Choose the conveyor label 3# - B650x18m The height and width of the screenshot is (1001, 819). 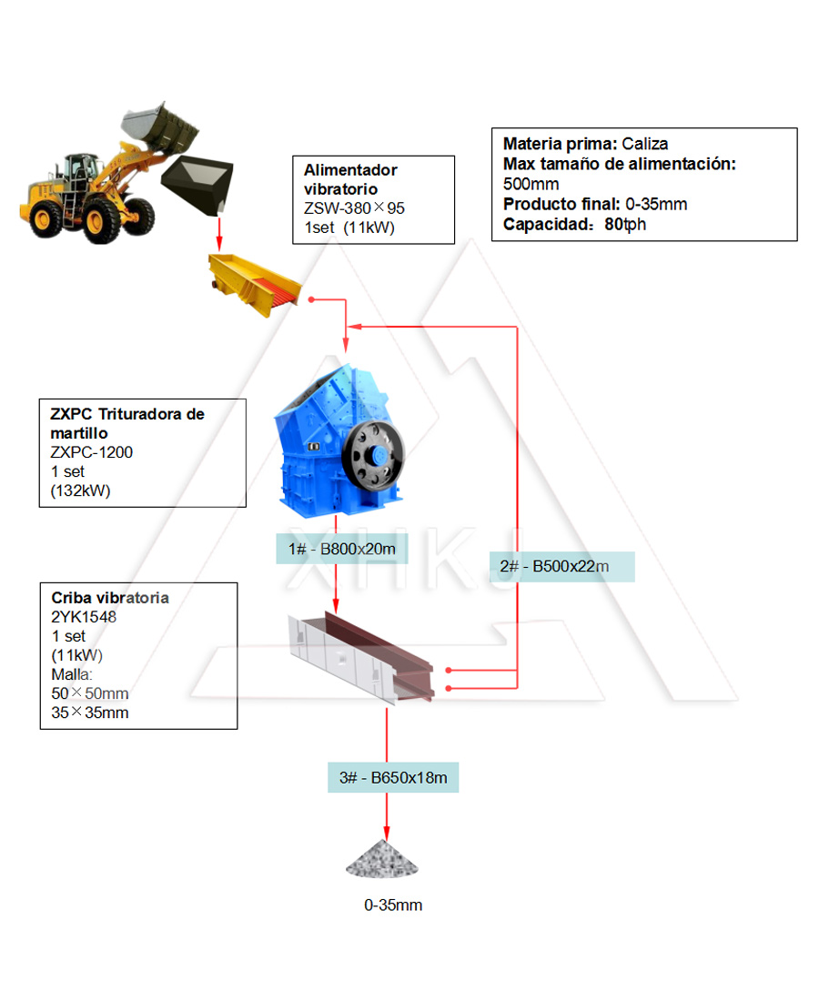click(393, 778)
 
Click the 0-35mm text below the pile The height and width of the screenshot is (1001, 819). click(393, 905)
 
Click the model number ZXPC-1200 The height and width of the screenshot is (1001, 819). click(92, 452)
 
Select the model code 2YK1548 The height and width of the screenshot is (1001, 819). click(84, 617)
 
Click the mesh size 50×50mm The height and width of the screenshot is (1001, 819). click(89, 693)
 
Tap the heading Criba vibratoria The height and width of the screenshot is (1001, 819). click(110, 598)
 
